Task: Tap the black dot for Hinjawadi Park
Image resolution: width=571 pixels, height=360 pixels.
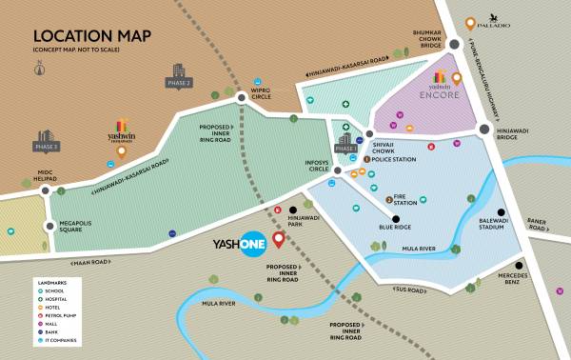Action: tap(294, 210)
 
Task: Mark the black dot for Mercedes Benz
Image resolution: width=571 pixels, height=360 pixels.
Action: tap(520, 266)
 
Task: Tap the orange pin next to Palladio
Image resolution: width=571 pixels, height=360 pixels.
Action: tap(469, 23)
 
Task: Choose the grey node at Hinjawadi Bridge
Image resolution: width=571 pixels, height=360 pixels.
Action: tap(484, 130)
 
